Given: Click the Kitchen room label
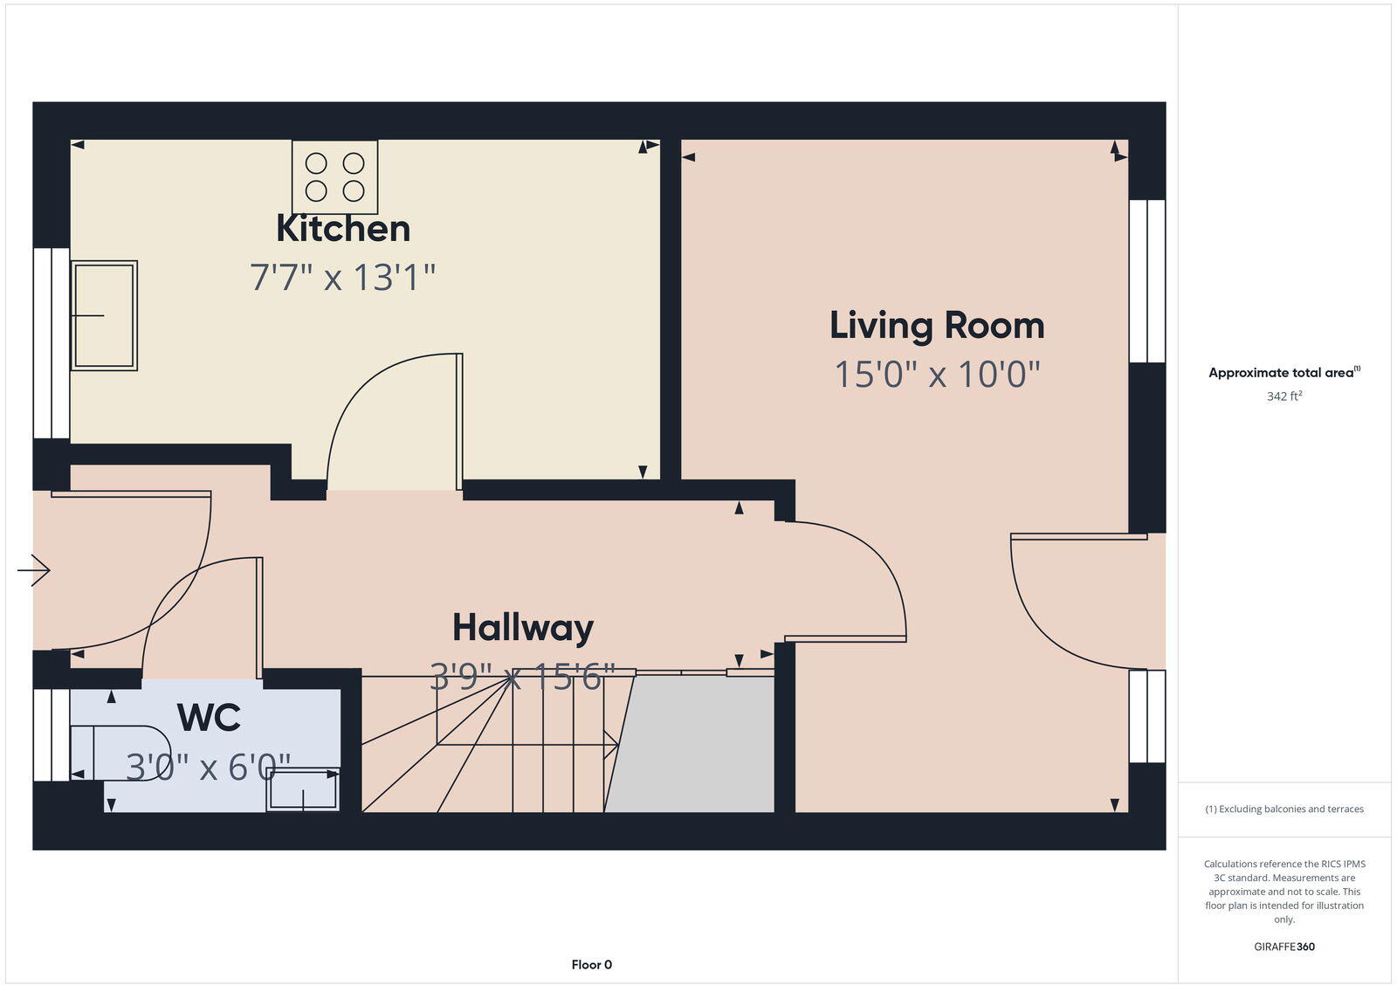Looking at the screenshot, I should click(343, 229).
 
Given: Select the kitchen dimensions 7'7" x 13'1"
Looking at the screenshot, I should click(343, 278).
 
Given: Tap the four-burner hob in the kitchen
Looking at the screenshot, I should click(335, 177).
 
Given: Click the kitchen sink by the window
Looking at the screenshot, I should click(104, 315).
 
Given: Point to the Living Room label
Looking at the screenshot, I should click(937, 326).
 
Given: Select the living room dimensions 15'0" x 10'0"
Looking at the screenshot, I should click(937, 375).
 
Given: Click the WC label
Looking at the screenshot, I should click(209, 718).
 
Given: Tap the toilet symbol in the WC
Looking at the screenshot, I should click(131, 752).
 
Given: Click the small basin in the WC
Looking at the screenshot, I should click(303, 790).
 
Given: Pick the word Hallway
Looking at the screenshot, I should click(523, 628).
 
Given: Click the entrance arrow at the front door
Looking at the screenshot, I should click(35, 570).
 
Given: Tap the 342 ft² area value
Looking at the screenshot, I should click(1284, 396).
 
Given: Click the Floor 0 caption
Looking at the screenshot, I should click(591, 965).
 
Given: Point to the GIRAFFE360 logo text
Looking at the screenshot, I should click(1284, 947).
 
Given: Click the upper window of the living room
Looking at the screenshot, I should click(1147, 281).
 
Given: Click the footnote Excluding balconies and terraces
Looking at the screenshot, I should click(1284, 809).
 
